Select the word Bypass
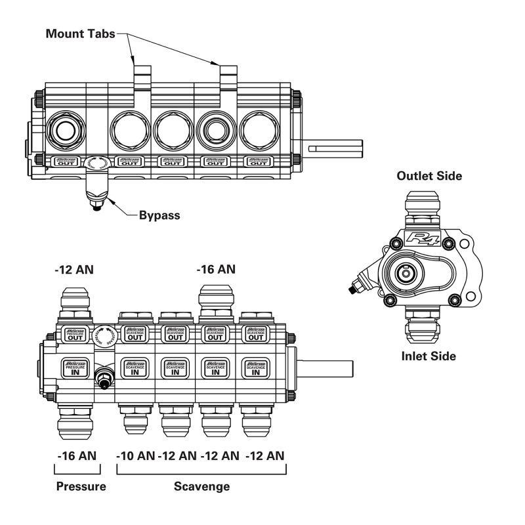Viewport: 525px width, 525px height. (x=160, y=215)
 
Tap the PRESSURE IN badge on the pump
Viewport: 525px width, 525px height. (x=75, y=367)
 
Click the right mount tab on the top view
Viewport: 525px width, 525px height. (x=228, y=77)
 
